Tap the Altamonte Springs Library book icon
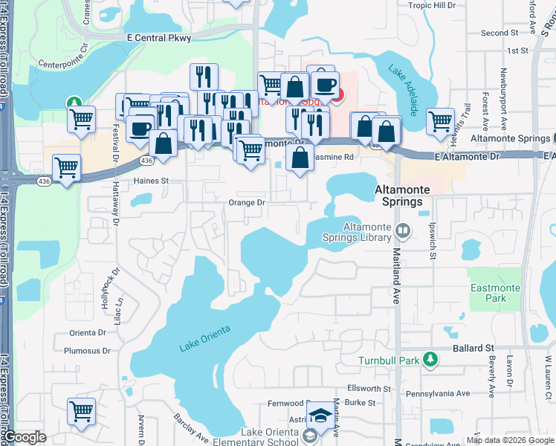(x=402, y=230)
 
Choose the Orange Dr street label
(x=247, y=202)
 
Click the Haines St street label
(x=152, y=181)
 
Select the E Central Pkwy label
(x=159, y=37)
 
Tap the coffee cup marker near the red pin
(x=324, y=85)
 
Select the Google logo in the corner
(x=25, y=437)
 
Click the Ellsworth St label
(x=369, y=389)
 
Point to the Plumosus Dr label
(x=87, y=351)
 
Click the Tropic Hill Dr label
(x=432, y=5)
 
